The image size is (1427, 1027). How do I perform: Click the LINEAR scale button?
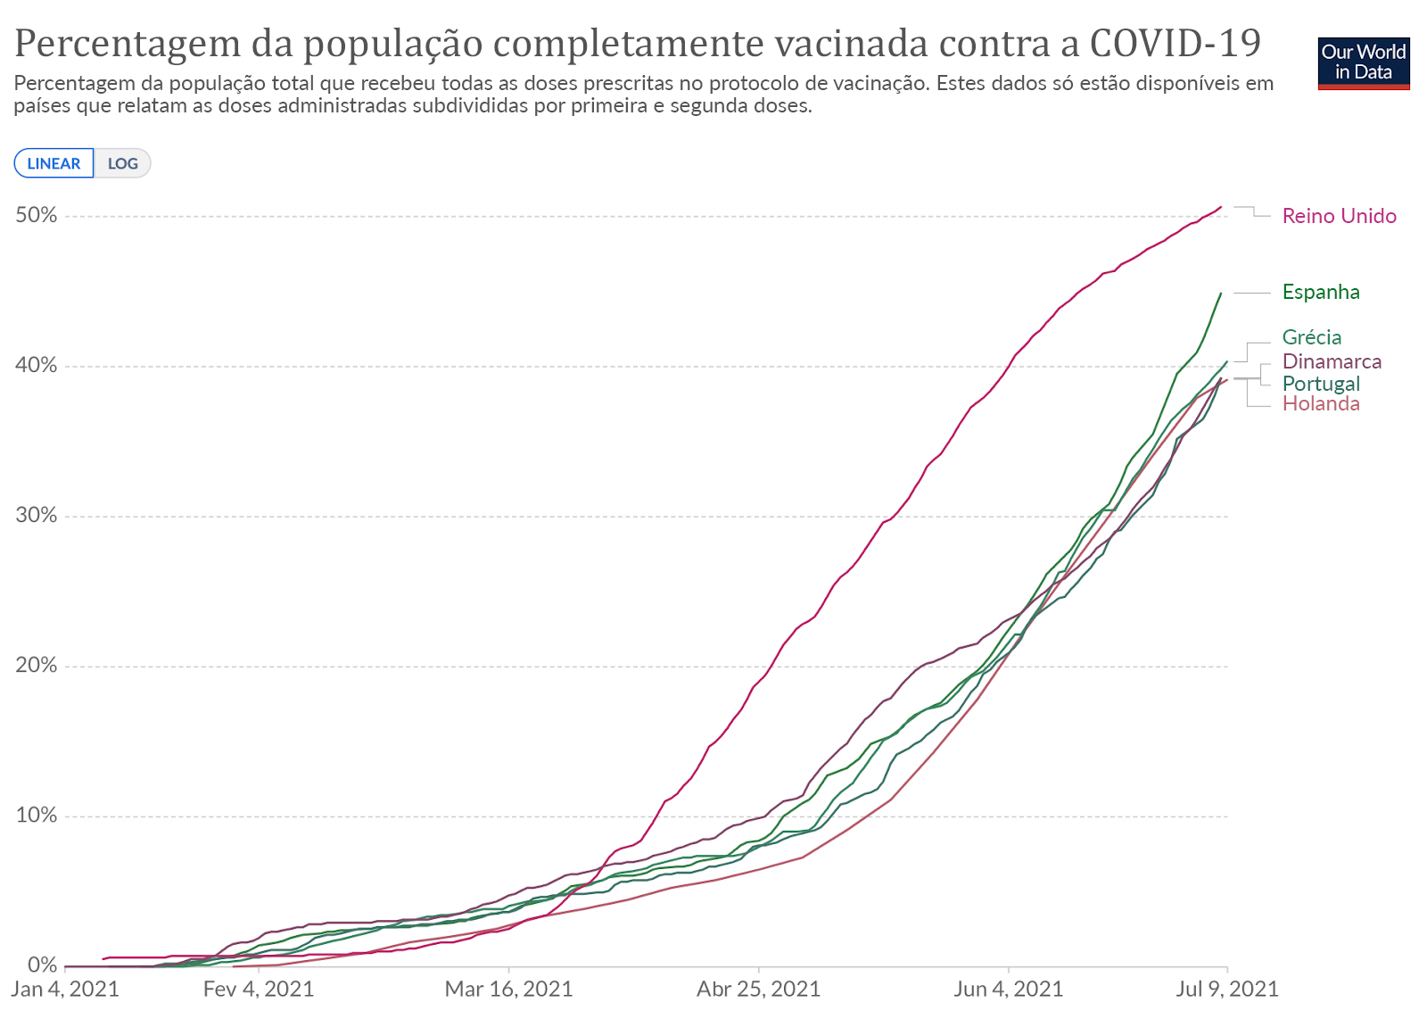54,163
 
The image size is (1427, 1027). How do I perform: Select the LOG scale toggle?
123,163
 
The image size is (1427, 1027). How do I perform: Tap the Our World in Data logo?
1363,62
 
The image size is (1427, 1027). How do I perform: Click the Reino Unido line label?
1339,216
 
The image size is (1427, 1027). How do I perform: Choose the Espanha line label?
1320,292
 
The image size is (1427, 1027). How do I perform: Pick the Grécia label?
1311,337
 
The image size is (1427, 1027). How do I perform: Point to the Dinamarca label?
1332,361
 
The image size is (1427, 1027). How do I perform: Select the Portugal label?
1321,384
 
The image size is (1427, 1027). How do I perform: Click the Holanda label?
1321,404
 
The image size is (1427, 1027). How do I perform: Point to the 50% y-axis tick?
36,216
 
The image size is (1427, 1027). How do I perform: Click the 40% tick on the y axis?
36,366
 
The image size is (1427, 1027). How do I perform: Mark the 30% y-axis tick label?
36,516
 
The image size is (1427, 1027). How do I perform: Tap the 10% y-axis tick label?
36,816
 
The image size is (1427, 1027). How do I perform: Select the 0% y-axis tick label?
42,965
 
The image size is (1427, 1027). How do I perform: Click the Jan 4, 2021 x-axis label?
65,990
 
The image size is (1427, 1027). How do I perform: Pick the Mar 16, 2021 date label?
508,990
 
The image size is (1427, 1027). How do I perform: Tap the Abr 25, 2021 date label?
758,990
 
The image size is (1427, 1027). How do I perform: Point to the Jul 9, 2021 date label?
1226,990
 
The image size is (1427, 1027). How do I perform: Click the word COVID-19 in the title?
1175,43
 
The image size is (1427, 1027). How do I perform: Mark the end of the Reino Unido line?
1221,207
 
